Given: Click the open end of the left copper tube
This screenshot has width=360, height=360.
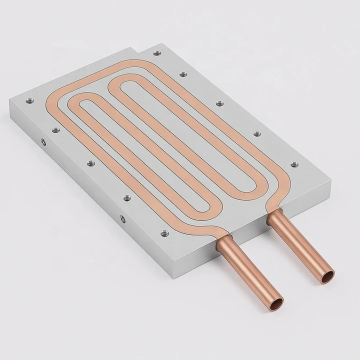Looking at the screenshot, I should (274, 302).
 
